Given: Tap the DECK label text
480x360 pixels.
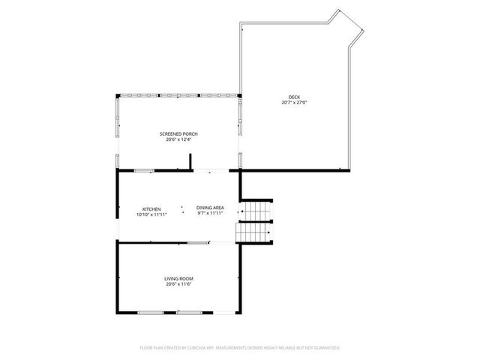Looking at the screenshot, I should coord(294,97).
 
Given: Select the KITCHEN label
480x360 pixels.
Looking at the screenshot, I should coord(151,208).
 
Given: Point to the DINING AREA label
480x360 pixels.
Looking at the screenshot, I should coord(210,208).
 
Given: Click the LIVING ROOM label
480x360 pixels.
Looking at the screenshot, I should coord(178,279).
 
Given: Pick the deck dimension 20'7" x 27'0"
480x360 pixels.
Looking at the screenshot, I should coord(294,103).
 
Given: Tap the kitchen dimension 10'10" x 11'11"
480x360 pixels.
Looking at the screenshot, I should coord(151,214).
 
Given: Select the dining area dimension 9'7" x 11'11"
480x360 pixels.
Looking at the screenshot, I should coord(210,214).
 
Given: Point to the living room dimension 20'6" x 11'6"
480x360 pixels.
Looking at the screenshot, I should coord(178,284).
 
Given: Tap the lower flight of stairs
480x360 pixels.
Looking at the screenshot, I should coord(253,234).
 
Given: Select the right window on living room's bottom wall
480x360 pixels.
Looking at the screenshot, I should coord(188,311).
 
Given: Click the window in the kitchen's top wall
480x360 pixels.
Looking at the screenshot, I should coord(144,171).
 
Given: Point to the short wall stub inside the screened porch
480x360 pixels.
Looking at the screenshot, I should coord(190,162).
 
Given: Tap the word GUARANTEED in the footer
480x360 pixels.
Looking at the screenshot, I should coord(325,348).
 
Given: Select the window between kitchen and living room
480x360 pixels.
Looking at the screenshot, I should coord(198,241).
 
